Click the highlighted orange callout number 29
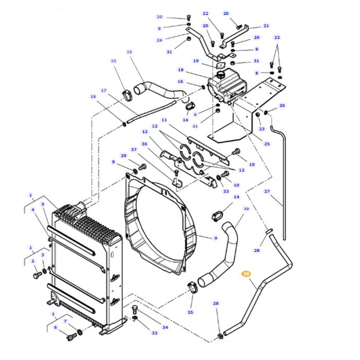tap(246, 274)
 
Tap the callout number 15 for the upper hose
tap(129, 52)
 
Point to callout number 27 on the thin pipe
tap(266, 191)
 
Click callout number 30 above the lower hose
tap(246, 209)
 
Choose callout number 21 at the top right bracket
tap(266, 25)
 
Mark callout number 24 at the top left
tap(159, 40)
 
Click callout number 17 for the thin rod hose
tap(103, 91)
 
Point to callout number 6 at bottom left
tap(55, 327)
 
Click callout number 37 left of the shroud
tap(134, 150)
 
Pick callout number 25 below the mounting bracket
tap(266, 144)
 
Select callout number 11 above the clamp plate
tap(164, 120)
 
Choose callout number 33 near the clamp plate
tap(226, 191)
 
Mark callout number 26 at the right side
tap(282, 106)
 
